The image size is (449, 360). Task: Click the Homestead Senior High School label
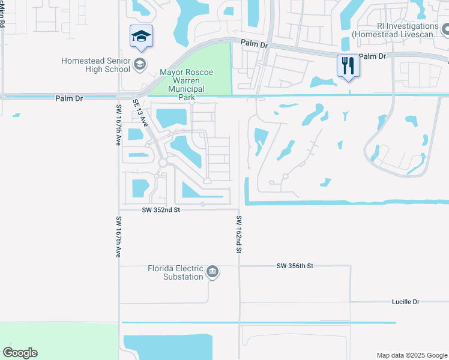pyautogui.click(x=96, y=65)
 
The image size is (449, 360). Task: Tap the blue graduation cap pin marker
pyautogui.click(x=141, y=37)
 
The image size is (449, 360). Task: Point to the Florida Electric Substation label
pyautogui.click(x=176, y=273)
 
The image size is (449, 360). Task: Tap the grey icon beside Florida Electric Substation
pyautogui.click(x=212, y=273)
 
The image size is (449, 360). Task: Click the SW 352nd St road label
pyautogui.click(x=161, y=210)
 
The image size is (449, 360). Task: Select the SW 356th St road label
pyautogui.click(x=295, y=265)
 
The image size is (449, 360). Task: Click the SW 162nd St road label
pyautogui.click(x=238, y=234)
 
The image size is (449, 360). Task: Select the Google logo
pyautogui.click(x=20, y=353)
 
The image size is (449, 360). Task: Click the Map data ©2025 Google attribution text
pyautogui.click(x=411, y=355)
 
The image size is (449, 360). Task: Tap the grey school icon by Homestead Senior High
pyautogui.click(x=140, y=65)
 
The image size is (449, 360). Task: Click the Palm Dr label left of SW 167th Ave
pyautogui.click(x=68, y=98)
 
